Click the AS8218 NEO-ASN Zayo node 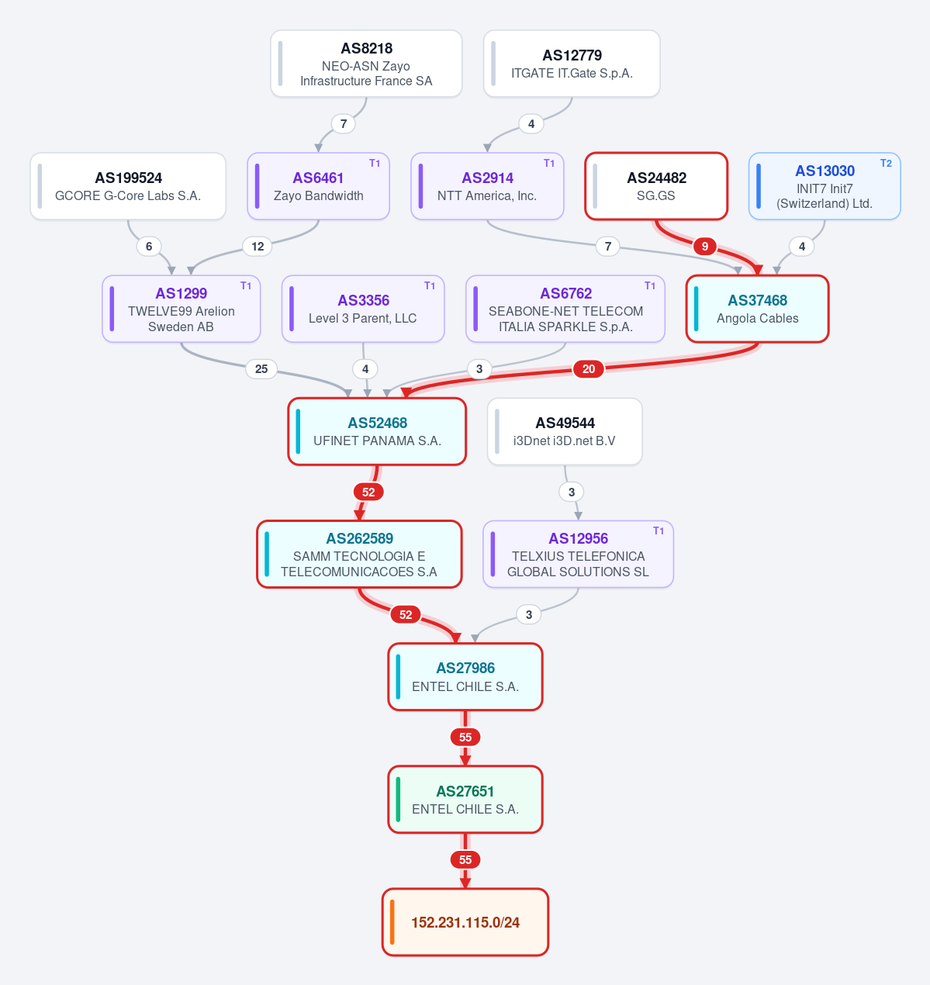coord(366,64)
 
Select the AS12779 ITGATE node coord(572,64)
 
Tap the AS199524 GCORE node coord(128,186)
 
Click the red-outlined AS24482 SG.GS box coord(656,186)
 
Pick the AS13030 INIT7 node coord(825,186)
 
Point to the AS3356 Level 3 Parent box coord(363,309)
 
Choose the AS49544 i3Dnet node coord(565,431)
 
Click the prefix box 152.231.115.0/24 coord(465,922)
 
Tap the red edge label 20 coord(588,369)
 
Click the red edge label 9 coord(705,247)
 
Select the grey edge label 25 coord(261,369)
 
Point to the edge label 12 coord(258,247)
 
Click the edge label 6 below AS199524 coord(149,247)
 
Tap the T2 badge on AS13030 coord(886,163)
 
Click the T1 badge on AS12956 coord(659,531)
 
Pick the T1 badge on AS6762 coord(650,285)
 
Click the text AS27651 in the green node coord(465,791)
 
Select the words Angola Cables coord(757,319)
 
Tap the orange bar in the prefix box coord(392,922)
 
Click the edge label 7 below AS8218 coord(344,123)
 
